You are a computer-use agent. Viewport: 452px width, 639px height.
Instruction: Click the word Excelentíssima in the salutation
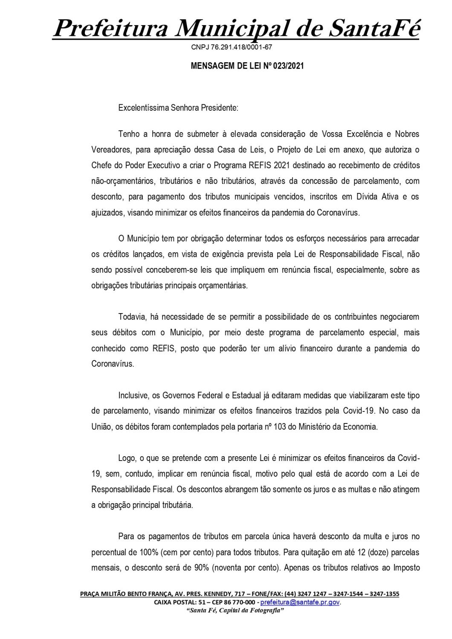pos(142,108)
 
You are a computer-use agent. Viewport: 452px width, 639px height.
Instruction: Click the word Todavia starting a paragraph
pos(132,317)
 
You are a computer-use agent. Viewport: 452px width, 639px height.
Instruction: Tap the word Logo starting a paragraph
pos(126,458)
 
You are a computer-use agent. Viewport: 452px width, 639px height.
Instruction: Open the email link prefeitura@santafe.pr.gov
pos(300,602)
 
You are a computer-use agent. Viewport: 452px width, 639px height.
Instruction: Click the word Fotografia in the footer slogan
pos(268,610)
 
